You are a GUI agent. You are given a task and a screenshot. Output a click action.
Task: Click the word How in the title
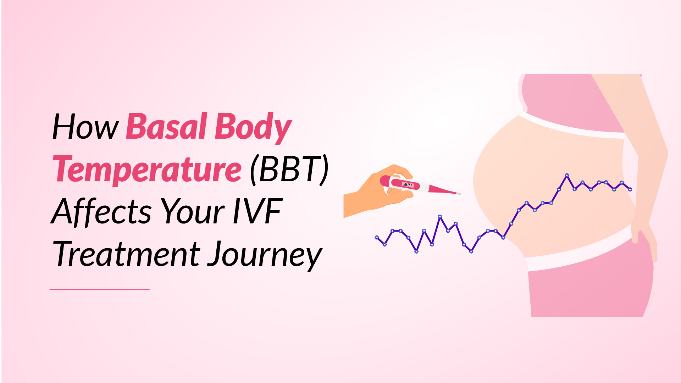pos(85,127)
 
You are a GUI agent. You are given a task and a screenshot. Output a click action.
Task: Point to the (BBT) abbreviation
pos(289,170)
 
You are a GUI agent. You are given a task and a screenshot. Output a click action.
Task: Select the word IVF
pos(258,212)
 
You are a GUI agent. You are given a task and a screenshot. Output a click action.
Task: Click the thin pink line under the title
pos(100,290)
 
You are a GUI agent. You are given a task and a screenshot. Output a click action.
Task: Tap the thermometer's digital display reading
pos(407,185)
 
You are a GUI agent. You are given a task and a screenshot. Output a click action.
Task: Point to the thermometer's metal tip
pos(459,194)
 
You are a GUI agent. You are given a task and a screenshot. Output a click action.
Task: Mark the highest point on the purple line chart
pos(567,175)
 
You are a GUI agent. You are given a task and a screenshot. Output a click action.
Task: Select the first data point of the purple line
pos(377,237)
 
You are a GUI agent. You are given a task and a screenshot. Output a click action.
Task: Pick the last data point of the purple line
pos(630,189)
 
